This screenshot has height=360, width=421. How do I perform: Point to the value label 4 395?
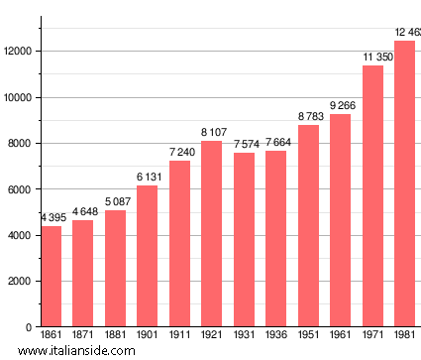point(55,218)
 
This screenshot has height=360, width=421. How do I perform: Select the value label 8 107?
point(212,132)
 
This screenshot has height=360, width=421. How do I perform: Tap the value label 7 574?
point(244,145)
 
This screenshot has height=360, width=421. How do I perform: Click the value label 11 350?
point(372,58)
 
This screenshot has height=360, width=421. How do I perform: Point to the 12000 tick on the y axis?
point(20,52)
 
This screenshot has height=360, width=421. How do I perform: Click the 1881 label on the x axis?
point(115,337)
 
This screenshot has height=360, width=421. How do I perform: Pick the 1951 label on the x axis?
point(308,337)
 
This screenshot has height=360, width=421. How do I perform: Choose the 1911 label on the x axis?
point(179,337)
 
